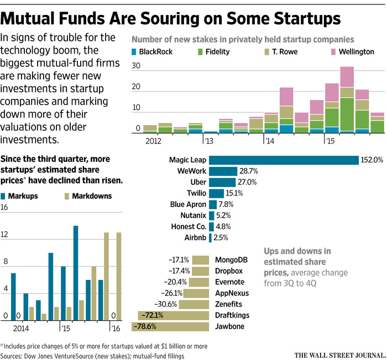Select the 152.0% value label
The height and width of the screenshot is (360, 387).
click(x=372, y=160)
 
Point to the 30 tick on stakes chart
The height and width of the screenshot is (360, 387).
click(x=137, y=65)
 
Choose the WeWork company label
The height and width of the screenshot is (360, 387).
click(x=192, y=171)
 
